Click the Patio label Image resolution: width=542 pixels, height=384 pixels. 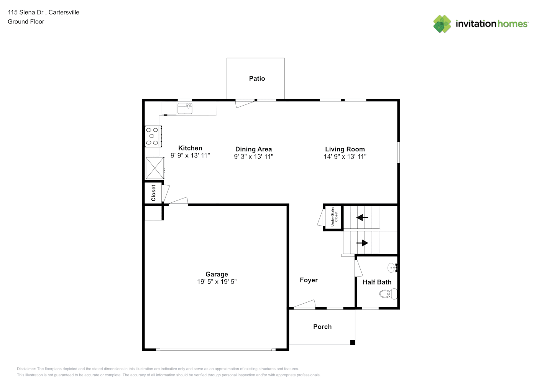click(x=257, y=78)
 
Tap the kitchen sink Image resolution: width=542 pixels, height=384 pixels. click(x=185, y=108)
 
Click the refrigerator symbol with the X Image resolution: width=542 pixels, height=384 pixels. click(x=155, y=168)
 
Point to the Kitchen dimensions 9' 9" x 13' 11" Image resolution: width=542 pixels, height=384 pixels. click(x=190, y=156)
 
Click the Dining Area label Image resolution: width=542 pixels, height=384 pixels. click(x=254, y=149)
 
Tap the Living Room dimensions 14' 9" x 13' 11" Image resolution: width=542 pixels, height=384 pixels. click(x=345, y=156)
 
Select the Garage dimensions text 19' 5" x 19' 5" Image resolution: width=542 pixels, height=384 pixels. click(x=217, y=281)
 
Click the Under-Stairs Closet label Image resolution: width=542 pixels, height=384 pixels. click(x=334, y=217)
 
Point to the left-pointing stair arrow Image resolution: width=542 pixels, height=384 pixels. click(x=362, y=217)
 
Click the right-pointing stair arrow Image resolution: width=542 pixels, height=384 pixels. click(x=362, y=243)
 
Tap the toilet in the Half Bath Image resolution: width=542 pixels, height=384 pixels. click(x=388, y=294)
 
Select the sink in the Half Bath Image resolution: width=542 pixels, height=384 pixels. click(x=393, y=268)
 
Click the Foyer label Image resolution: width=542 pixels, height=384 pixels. click(x=309, y=280)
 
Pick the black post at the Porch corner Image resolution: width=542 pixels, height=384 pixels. click(x=353, y=343)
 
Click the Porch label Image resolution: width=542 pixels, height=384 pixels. click(x=322, y=326)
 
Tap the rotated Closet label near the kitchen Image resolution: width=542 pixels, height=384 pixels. click(x=153, y=193)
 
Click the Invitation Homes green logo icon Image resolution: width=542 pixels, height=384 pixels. click(x=442, y=24)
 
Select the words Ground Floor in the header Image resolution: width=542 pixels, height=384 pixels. click(x=26, y=22)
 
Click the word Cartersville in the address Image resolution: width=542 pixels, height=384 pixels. click(x=64, y=12)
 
